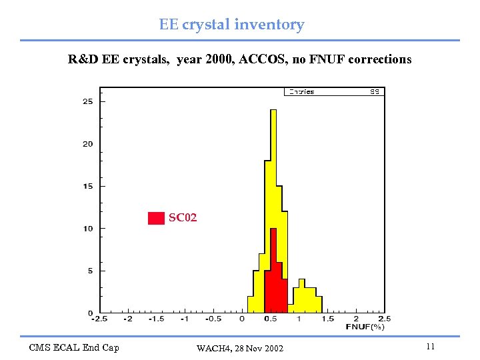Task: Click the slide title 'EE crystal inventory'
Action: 231,25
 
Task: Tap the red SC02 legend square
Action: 156,218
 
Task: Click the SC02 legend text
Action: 183,218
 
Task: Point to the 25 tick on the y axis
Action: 87,101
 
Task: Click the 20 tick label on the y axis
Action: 87,144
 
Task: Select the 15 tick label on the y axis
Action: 87,186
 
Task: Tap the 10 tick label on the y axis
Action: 87,229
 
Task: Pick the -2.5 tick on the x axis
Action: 99,319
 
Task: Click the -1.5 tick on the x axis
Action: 156,319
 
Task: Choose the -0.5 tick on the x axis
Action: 213,319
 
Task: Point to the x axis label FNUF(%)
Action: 365,327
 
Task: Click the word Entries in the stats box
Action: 301,92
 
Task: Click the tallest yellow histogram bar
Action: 273,200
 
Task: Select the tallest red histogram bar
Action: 273,267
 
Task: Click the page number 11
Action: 430,347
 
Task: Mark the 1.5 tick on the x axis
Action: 328,319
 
